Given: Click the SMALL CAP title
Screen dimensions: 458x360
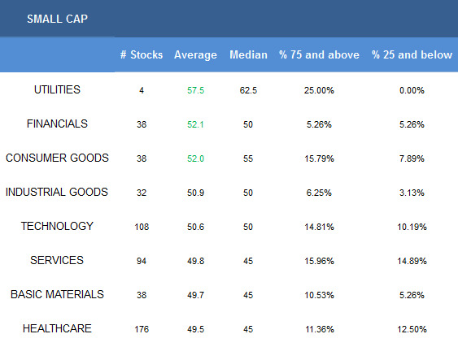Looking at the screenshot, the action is [x=57, y=19].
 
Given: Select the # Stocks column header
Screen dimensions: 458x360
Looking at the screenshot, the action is [x=142, y=54].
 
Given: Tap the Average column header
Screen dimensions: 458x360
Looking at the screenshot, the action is [x=195, y=55].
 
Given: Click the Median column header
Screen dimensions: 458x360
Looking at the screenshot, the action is [x=248, y=54].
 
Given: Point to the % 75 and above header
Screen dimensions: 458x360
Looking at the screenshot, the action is [x=319, y=54].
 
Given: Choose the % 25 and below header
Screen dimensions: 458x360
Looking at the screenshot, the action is [x=412, y=54].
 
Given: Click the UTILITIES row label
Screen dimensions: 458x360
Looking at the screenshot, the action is [x=57, y=89].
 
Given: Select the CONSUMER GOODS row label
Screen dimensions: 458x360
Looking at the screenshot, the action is [x=57, y=158].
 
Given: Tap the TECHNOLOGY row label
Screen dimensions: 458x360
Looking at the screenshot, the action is [x=57, y=226].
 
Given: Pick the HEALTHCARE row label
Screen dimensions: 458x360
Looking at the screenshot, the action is [x=57, y=328].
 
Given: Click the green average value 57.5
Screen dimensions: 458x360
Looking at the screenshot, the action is [x=195, y=90].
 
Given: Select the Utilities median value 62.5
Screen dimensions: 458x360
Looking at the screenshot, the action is [x=248, y=90].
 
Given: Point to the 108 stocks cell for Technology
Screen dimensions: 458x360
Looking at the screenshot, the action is [x=142, y=227].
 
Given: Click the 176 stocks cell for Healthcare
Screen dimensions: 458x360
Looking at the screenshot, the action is [x=142, y=329].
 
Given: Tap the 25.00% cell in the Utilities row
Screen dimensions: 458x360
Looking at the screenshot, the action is [x=319, y=90].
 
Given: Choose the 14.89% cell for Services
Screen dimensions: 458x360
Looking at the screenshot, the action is [x=412, y=261].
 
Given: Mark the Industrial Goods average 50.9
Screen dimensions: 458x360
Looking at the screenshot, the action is [x=195, y=193].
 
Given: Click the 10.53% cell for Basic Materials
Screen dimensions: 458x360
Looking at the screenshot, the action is [x=319, y=295].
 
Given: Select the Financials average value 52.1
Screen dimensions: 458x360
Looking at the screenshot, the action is [x=195, y=124].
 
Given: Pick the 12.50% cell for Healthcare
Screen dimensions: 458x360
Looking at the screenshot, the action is [x=412, y=329].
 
